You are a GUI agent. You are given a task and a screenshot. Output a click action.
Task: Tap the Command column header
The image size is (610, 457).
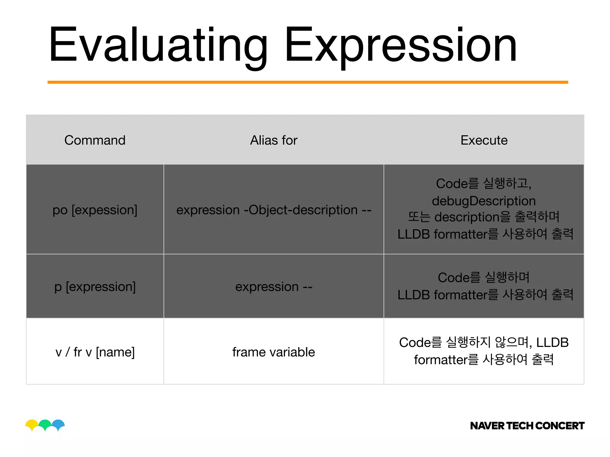[x=95, y=140]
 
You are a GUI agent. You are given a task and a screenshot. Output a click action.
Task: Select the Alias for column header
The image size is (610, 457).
[x=273, y=140]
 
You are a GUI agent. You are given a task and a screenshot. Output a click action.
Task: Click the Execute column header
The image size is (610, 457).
[x=484, y=140]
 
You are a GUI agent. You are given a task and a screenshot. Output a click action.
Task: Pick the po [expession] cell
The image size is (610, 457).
[x=95, y=210]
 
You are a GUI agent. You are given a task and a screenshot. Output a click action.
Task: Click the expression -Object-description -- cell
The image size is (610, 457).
[x=273, y=210]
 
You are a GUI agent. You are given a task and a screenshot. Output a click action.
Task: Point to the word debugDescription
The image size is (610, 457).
[x=484, y=201]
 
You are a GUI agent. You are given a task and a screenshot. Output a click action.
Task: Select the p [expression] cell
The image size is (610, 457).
[x=95, y=287]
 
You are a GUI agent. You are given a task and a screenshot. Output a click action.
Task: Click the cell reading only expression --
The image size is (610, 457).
[x=273, y=287]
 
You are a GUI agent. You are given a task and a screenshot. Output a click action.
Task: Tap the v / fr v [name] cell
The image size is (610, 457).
[x=95, y=352]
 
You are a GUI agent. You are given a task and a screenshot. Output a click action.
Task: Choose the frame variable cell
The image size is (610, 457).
[x=273, y=352]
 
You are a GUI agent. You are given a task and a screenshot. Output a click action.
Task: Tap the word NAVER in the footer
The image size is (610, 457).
[x=487, y=426]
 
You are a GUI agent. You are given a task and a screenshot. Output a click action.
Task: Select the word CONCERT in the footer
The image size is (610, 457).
[x=560, y=426]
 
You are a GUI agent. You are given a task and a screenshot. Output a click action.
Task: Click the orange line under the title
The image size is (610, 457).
[x=308, y=82]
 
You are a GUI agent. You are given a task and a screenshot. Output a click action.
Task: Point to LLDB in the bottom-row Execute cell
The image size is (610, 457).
[x=552, y=342]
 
